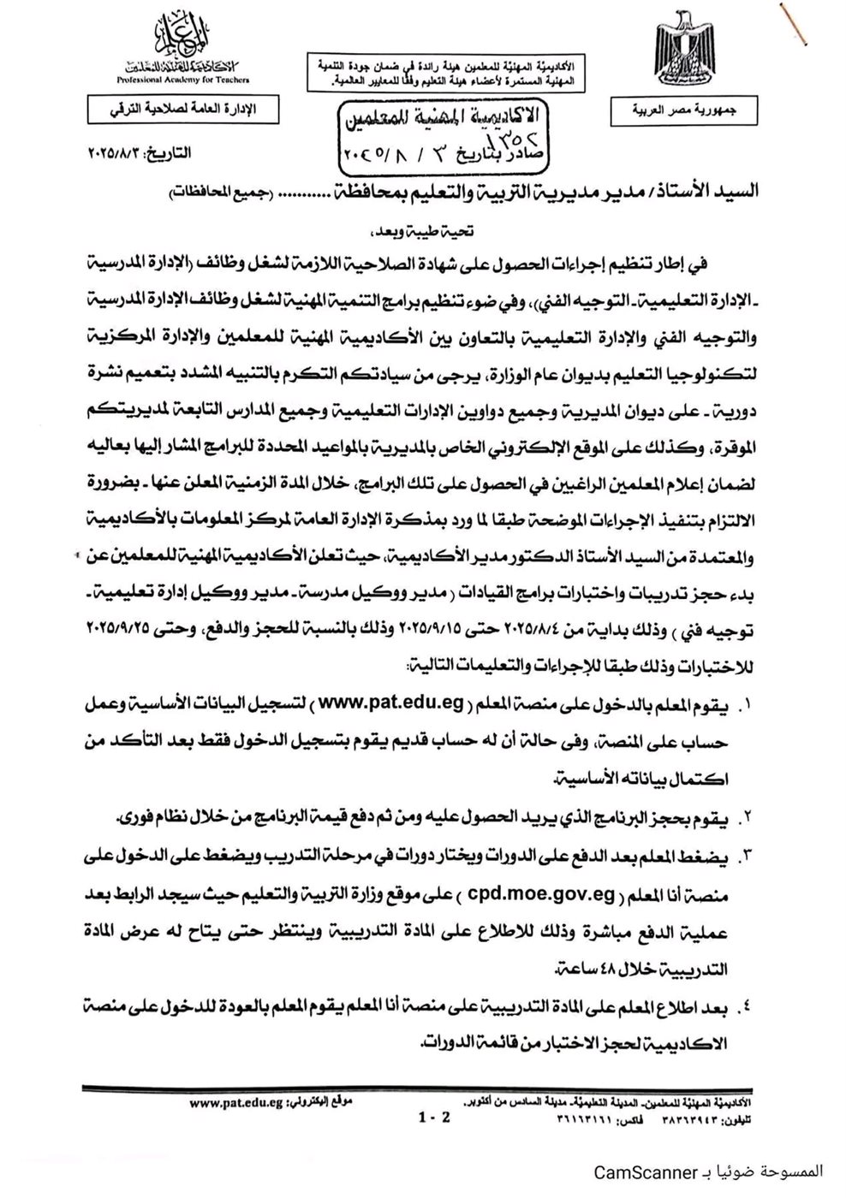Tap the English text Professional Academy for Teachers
pos(185,80)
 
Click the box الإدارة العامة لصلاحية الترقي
pos(179,110)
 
